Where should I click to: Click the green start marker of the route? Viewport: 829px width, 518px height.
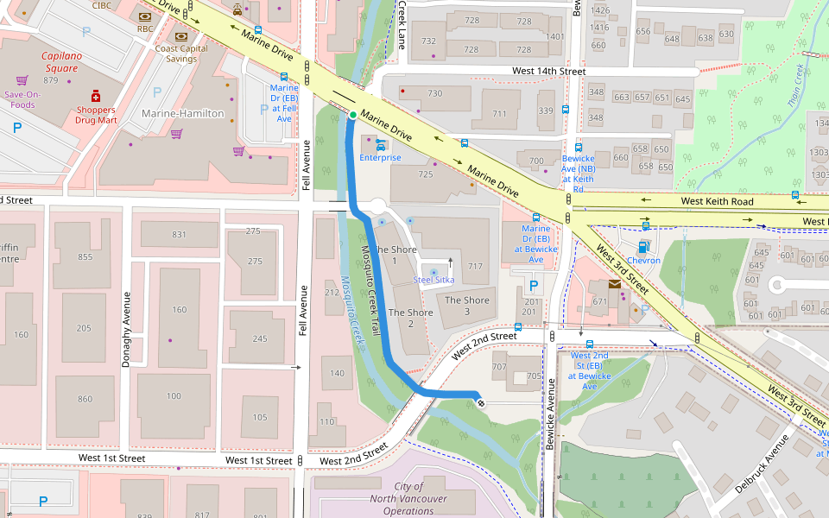pos(353,115)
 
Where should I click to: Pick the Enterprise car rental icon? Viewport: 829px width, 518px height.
pos(380,145)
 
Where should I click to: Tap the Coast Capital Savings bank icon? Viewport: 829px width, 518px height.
pos(181,36)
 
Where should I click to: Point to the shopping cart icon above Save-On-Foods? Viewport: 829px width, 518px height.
pos(22,80)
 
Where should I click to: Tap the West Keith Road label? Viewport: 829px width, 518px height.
pos(717,201)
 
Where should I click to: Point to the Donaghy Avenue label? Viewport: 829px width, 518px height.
pos(126,330)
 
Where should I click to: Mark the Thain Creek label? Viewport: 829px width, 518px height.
pos(794,86)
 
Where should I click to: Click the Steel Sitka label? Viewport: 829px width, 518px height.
pos(433,280)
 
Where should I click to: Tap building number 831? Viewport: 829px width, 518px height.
pos(179,235)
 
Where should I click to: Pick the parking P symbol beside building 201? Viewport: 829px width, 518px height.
pos(533,285)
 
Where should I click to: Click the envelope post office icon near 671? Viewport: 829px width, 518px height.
pos(614,283)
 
